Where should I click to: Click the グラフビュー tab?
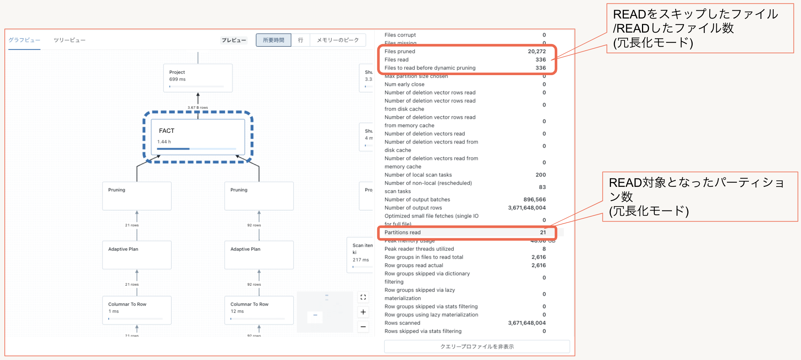(24, 40)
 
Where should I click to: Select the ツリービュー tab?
(70, 40)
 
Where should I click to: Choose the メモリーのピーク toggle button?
(338, 40)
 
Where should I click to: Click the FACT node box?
(198, 137)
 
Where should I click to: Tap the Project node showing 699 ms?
(198, 78)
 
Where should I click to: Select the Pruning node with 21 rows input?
(137, 196)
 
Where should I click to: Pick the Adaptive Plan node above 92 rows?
(259, 255)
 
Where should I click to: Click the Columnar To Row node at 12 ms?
(259, 310)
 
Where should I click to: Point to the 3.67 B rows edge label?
(198, 108)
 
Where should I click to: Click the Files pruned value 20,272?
(537, 51)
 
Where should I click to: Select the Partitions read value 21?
(543, 232)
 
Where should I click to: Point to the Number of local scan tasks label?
(418, 175)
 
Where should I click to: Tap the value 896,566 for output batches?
(534, 199)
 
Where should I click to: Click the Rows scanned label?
(402, 323)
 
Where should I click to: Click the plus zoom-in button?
(363, 312)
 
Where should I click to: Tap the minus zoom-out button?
(363, 327)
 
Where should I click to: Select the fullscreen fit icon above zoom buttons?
(363, 297)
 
